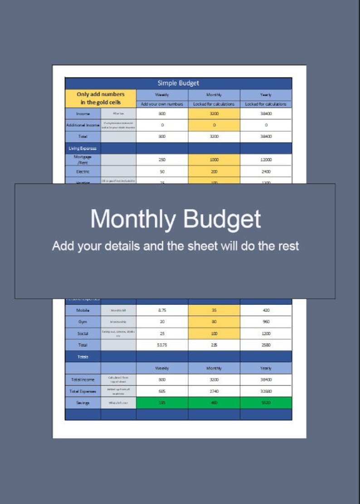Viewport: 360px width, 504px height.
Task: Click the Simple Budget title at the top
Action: coord(178,83)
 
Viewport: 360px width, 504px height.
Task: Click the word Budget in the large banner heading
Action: coord(222,219)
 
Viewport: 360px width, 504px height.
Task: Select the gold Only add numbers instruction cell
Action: coord(100,98)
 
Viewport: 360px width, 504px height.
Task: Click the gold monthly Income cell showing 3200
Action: coord(214,114)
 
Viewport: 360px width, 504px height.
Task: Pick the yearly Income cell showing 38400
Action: coord(266,114)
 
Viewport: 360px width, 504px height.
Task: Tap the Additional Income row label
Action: coord(83,125)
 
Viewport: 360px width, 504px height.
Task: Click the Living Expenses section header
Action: coord(83,148)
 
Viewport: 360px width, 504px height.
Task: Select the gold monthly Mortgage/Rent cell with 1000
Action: coord(214,160)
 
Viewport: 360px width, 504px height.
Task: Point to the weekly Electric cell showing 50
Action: coord(162,172)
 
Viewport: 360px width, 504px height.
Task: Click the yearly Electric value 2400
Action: coord(266,172)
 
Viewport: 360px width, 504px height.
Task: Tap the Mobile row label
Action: coord(83,310)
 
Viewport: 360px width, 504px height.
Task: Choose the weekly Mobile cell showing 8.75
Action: coord(162,310)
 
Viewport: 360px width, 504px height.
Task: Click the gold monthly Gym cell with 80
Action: coord(214,322)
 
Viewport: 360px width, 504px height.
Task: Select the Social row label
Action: coord(83,334)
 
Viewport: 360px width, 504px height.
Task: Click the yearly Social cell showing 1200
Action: coord(266,334)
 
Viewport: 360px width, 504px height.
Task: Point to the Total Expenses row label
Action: coord(83,391)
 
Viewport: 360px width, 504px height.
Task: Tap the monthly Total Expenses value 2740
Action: coord(214,391)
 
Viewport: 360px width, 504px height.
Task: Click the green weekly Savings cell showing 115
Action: coord(162,402)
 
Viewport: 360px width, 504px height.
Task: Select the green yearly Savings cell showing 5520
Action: coord(266,402)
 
